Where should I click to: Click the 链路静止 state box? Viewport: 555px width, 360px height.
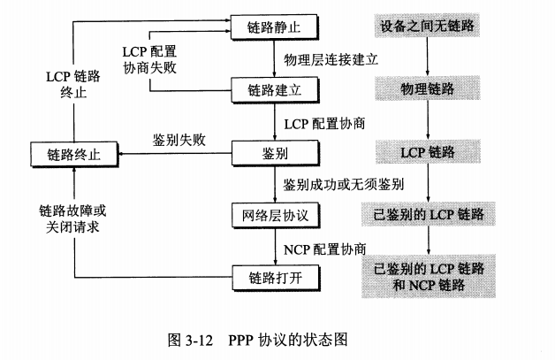coord(273,27)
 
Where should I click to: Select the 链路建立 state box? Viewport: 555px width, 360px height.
coord(273,89)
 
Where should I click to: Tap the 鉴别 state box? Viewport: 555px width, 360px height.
coord(273,152)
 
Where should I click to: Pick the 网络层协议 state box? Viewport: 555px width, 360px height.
coord(273,214)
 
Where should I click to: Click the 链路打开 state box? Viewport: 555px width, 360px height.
coord(273,276)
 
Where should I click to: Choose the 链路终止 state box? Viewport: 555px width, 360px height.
coord(74,153)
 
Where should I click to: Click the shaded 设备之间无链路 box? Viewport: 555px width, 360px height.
coord(428,26)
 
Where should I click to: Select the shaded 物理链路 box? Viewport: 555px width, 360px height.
coord(428,88)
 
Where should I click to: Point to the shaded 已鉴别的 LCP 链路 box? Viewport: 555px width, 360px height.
coord(428,215)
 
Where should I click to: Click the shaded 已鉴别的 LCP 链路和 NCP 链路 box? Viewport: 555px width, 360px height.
coord(428,275)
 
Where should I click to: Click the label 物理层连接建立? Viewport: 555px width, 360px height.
coord(331,59)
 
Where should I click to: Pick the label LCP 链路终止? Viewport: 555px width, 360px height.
coord(74,83)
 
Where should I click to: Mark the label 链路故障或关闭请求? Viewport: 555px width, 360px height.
coord(74,218)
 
